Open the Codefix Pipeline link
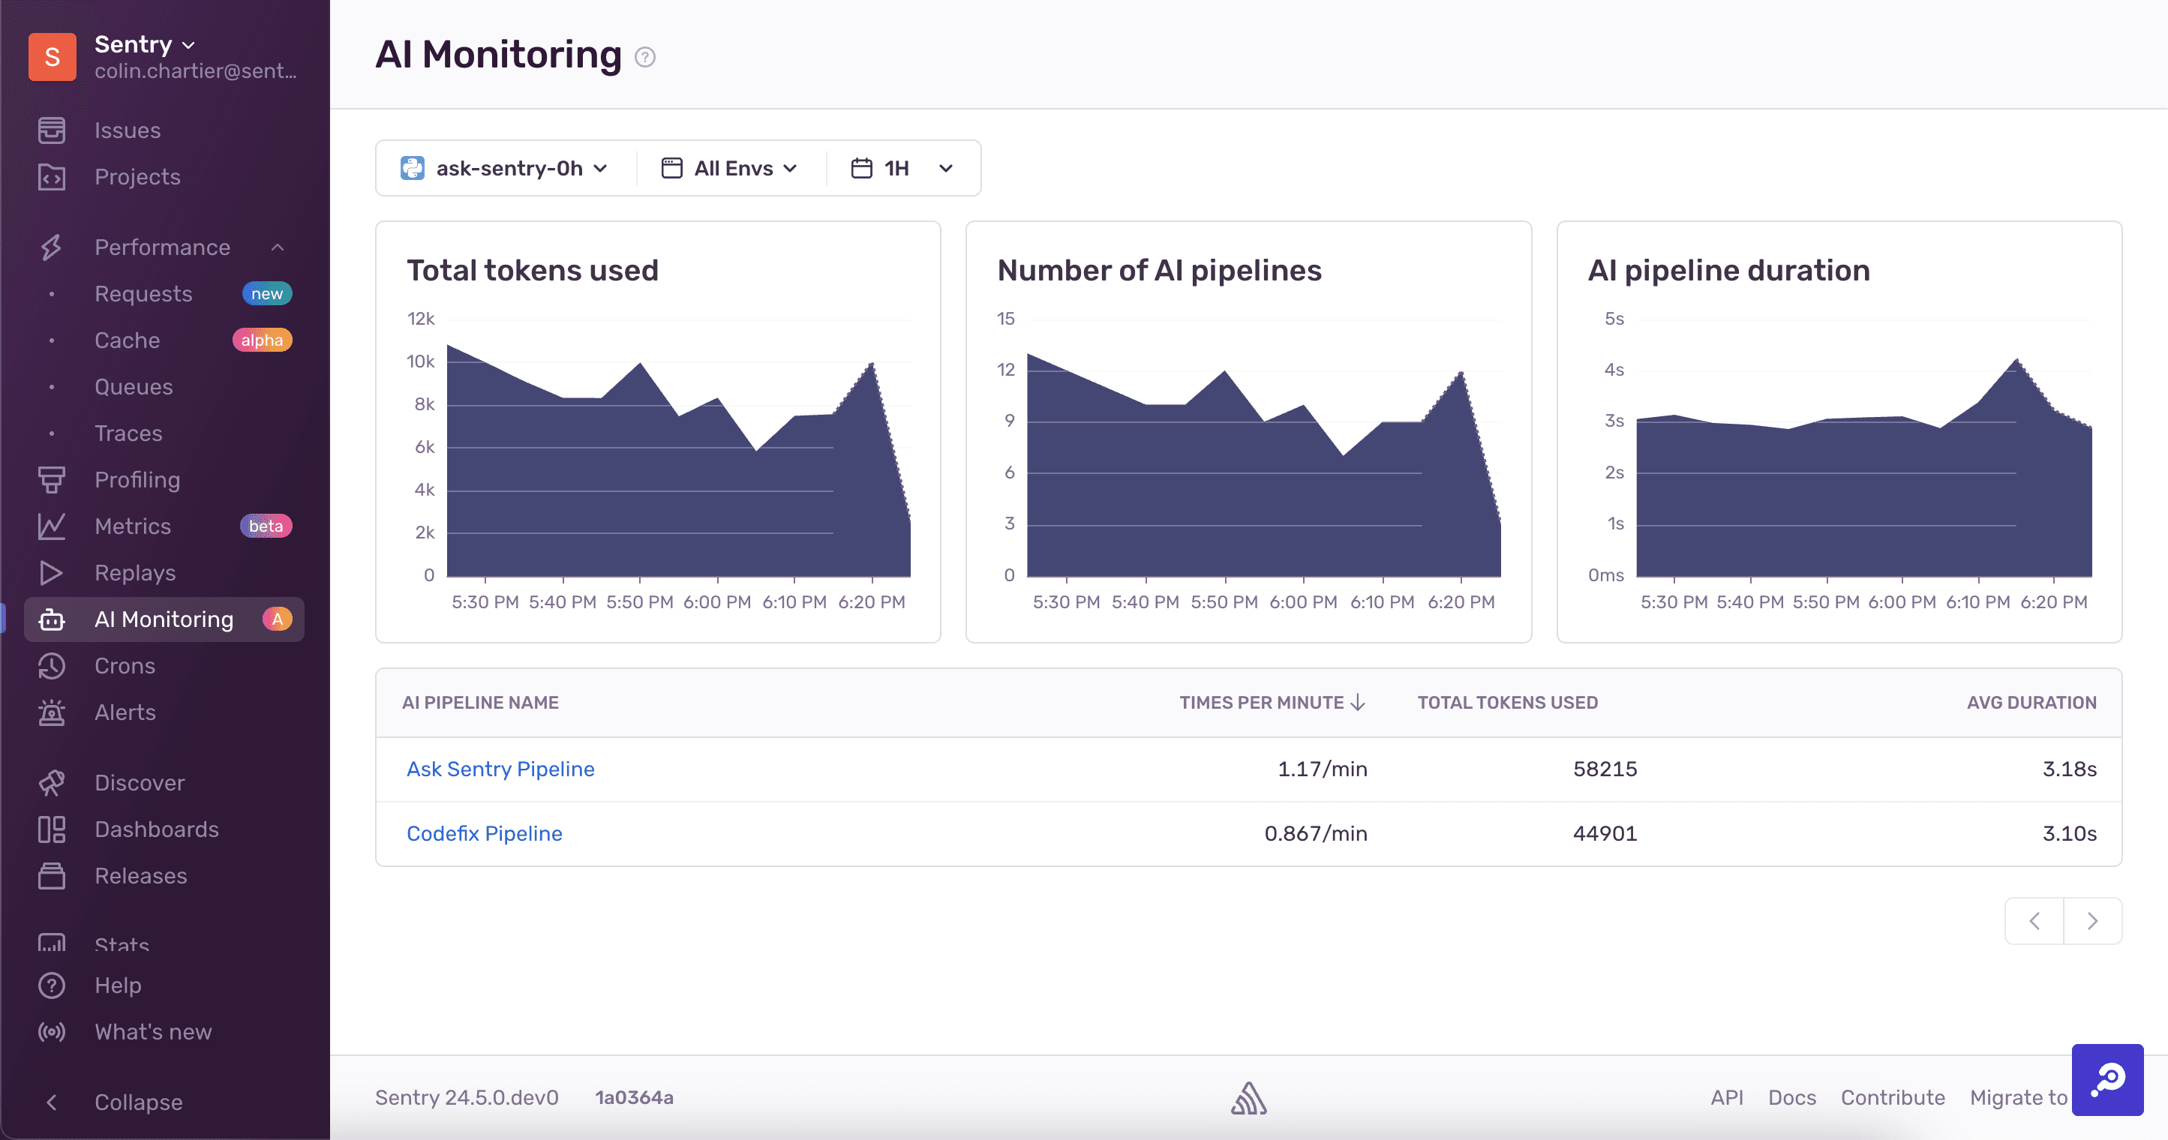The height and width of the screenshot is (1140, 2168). (x=484, y=833)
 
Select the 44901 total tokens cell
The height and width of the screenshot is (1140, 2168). (x=1604, y=833)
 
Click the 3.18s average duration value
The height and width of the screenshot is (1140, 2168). (x=2069, y=769)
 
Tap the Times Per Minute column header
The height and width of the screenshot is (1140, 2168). (x=1271, y=703)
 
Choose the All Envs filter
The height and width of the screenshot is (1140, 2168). (x=731, y=168)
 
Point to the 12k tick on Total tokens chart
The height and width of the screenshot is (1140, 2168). (x=420, y=319)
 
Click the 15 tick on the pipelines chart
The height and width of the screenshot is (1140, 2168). (x=1005, y=319)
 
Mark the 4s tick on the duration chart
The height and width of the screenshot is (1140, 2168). (x=1614, y=370)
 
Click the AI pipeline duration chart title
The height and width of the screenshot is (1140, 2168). (x=1728, y=270)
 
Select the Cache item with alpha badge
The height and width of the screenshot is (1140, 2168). (x=127, y=340)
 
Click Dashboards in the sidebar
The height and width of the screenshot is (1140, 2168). (x=157, y=829)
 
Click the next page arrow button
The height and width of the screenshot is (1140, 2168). (x=2092, y=920)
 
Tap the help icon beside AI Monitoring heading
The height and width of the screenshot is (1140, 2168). (x=644, y=57)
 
